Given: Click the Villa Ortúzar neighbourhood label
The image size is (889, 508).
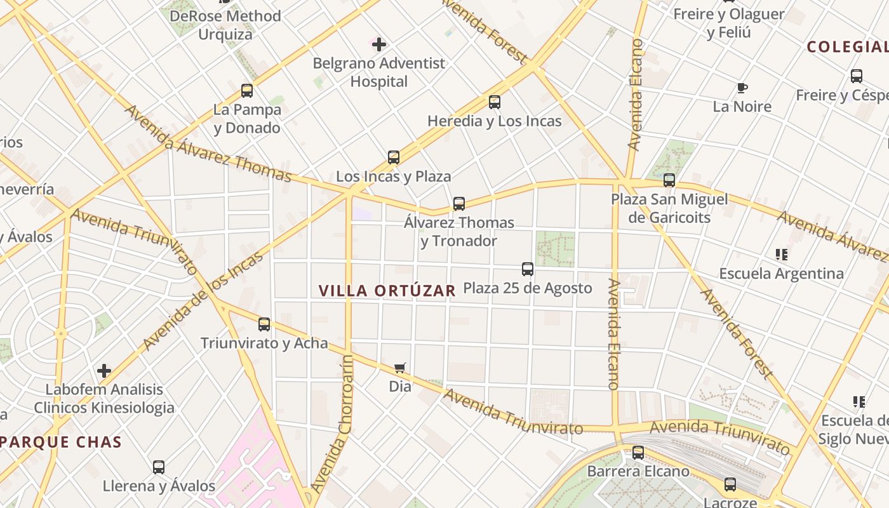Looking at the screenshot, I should click(x=387, y=291).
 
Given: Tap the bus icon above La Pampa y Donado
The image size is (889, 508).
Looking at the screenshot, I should click(x=247, y=91).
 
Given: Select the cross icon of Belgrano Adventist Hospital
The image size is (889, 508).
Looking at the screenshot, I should click(x=379, y=44).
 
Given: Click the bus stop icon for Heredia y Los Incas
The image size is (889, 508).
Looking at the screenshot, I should click(x=495, y=102).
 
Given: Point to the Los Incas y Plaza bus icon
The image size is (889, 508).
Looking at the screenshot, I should click(x=394, y=157).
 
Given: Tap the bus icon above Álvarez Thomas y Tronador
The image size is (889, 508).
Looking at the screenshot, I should click(x=459, y=204).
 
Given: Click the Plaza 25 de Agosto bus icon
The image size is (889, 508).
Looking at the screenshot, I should click(x=528, y=269).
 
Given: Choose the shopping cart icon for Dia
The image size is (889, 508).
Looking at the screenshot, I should click(x=400, y=368).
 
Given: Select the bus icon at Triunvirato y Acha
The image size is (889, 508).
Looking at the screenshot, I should click(x=264, y=324).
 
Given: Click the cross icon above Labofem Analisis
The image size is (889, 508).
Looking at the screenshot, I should click(x=104, y=370).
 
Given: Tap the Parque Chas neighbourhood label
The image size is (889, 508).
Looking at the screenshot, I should click(x=61, y=442).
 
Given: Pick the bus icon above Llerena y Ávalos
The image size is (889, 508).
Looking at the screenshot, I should click(x=159, y=467).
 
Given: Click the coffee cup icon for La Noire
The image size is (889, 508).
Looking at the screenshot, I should click(x=742, y=88).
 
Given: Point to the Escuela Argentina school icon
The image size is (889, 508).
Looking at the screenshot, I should click(x=781, y=255).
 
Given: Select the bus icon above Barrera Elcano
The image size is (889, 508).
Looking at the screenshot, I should click(x=638, y=453).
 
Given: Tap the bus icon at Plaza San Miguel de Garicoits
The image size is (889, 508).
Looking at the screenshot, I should click(x=669, y=180).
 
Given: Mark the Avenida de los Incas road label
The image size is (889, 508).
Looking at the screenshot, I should click(x=203, y=302).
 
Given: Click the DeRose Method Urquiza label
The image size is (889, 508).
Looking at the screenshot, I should click(x=225, y=25).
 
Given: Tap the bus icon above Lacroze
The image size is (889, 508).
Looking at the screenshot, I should click(x=730, y=485).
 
